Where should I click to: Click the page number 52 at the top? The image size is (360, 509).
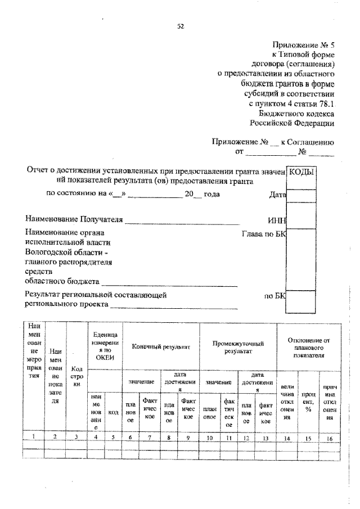coord(181,26)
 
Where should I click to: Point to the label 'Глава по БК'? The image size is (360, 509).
coord(264,233)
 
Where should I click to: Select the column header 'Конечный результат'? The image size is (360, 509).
coord(161,347)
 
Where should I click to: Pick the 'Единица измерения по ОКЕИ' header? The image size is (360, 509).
coord(105,344)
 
